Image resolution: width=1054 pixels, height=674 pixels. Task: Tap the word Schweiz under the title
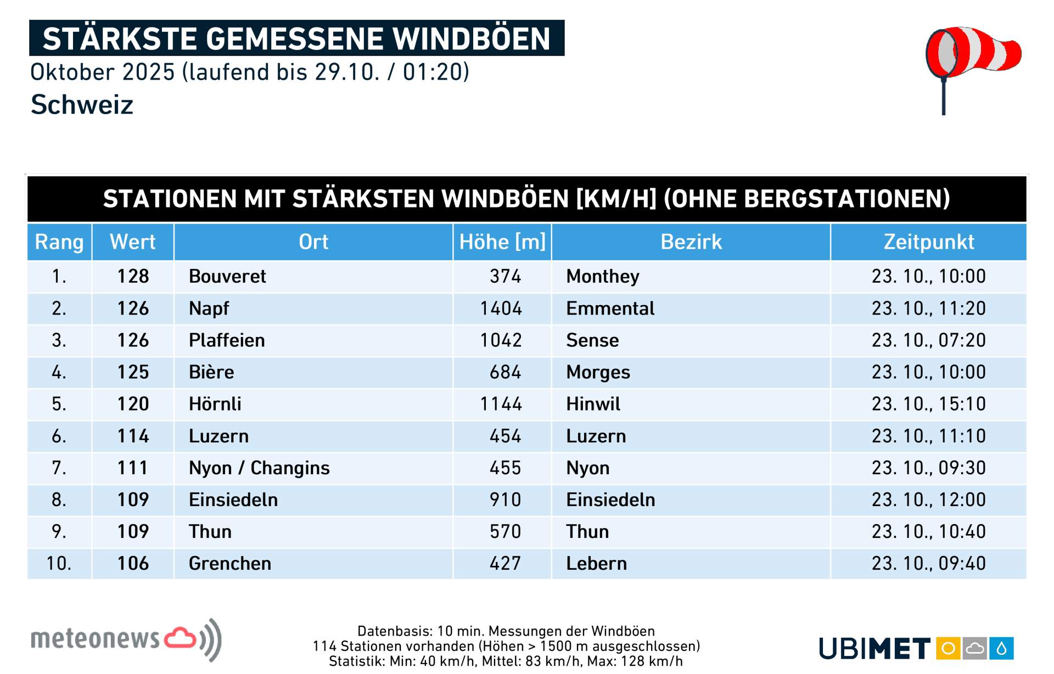click(82, 104)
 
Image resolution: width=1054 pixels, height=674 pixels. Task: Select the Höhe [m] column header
click(502, 242)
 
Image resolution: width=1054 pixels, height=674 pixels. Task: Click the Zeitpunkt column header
click(928, 242)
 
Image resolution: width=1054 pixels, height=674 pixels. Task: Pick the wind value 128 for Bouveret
click(133, 276)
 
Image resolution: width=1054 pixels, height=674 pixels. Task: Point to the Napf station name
click(209, 308)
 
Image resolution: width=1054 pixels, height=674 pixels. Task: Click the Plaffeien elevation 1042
click(501, 340)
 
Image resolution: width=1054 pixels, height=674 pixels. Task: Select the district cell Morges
click(598, 372)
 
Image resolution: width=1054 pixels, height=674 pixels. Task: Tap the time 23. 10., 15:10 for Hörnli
click(928, 404)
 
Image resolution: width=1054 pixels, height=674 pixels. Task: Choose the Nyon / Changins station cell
click(259, 468)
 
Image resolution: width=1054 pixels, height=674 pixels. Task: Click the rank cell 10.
click(59, 563)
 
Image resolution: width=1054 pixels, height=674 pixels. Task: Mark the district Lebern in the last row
click(596, 563)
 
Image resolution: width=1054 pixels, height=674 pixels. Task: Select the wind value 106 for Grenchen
click(133, 563)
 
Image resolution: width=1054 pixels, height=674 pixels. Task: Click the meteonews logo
click(126, 639)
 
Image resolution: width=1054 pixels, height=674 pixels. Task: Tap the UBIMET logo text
click(874, 649)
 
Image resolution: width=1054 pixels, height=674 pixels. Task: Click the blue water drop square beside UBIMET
click(1001, 649)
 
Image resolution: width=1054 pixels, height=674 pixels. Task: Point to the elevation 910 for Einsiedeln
click(505, 499)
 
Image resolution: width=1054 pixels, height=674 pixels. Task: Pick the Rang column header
click(59, 242)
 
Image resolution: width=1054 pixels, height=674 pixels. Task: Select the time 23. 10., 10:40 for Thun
click(928, 531)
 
